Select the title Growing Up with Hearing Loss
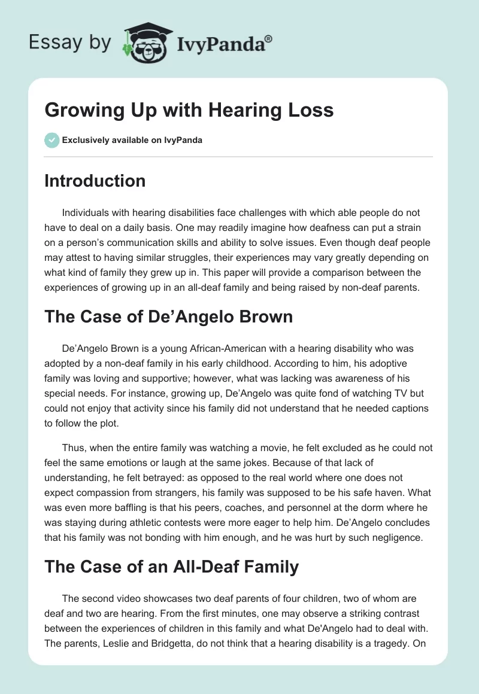coord(189,111)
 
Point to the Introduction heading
coord(95,181)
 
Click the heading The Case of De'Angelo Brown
coord(168,316)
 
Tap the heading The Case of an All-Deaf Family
coord(171,567)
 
